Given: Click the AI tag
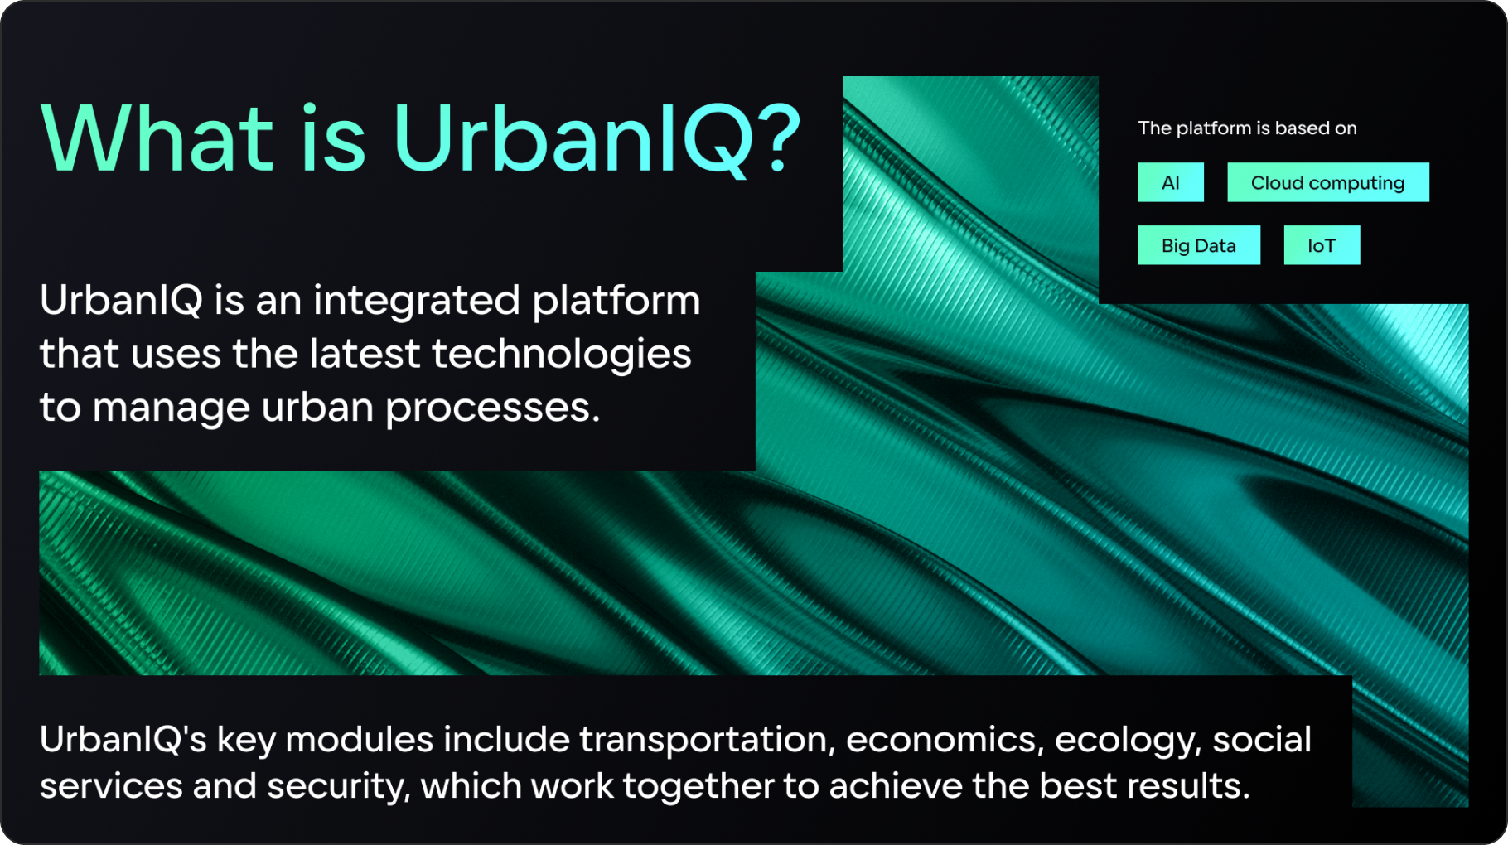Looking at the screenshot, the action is (1170, 182).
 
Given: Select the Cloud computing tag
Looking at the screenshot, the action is (1327, 182).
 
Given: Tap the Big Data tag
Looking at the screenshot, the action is (1198, 245).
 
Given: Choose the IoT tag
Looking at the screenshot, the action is (1322, 245).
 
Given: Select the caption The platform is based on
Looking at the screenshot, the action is (1247, 128).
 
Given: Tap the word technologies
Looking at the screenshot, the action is (562, 354).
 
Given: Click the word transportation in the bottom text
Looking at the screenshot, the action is (707, 740).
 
